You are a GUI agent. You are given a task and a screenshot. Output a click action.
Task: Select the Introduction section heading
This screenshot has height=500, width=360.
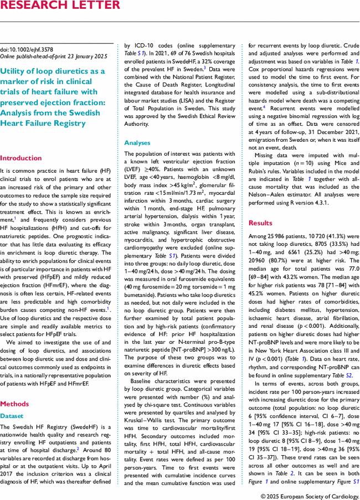pos(20,157)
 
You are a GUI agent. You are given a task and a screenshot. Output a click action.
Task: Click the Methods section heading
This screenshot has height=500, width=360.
pos(15,404)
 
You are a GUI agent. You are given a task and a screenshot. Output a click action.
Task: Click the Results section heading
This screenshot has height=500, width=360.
pos(260,223)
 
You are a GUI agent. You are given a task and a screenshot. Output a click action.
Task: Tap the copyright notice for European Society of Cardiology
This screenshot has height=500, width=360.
pos(310,494)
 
